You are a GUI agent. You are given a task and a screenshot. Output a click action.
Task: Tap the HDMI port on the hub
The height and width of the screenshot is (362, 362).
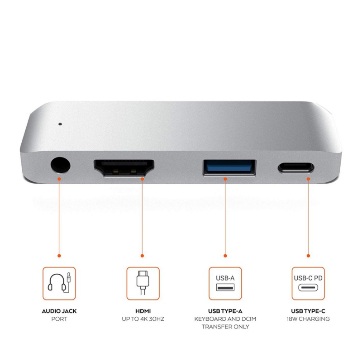click(124, 168)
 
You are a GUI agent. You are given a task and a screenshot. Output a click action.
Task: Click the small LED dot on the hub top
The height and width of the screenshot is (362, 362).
click(59, 122)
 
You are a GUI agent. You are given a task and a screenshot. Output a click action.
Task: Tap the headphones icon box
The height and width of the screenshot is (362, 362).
click(59, 283)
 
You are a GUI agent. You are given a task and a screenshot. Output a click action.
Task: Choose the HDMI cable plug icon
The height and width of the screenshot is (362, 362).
click(143, 283)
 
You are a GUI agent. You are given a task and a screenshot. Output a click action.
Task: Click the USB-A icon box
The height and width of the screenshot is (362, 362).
click(225, 283)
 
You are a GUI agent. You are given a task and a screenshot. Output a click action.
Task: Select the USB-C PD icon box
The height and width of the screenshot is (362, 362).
click(308, 283)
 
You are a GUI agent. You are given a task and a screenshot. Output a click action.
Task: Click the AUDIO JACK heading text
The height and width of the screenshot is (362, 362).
click(59, 311)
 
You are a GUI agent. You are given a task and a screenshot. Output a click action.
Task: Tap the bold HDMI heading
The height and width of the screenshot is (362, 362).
click(143, 311)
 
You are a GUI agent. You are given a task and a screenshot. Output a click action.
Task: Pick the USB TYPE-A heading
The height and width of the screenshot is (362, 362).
click(225, 311)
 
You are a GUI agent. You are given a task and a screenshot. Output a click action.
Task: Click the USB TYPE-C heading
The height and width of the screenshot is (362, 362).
click(308, 311)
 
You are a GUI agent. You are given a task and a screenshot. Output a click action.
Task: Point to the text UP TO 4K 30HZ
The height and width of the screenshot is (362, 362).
click(143, 319)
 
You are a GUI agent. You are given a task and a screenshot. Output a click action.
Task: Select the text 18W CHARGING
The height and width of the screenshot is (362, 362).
click(308, 319)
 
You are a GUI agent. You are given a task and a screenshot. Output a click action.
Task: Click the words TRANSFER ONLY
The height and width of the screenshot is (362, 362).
click(225, 327)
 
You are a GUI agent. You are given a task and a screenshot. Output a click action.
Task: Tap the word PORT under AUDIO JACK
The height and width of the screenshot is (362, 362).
click(59, 319)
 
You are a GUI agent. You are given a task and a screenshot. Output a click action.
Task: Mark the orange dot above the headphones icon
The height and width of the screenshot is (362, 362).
click(59, 256)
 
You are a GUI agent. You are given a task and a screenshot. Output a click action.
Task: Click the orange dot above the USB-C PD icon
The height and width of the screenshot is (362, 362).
click(308, 256)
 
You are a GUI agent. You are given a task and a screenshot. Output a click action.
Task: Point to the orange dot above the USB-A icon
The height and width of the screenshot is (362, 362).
click(225, 256)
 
